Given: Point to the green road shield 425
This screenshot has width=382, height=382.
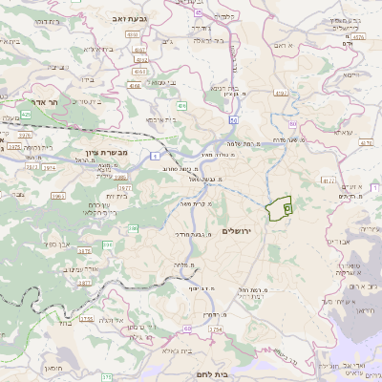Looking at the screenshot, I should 26,114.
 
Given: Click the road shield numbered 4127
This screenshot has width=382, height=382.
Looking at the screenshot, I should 329,179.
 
